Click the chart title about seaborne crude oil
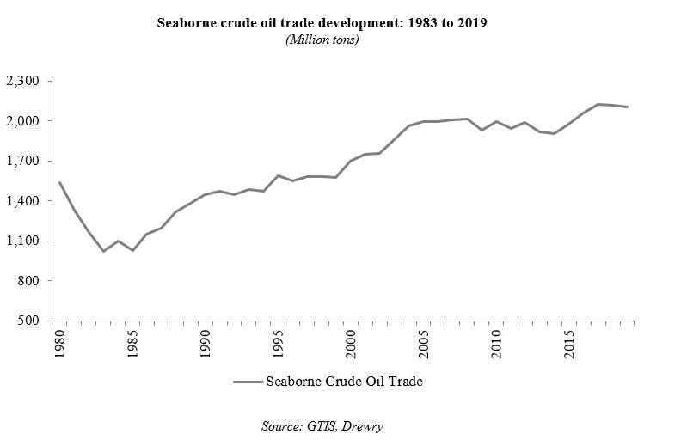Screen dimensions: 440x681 click(x=322, y=23)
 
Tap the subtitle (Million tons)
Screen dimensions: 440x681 click(x=321, y=40)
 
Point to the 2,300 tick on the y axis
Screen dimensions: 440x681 click(x=23, y=82)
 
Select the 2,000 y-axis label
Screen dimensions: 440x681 click(x=23, y=121)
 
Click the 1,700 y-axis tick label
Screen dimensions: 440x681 click(x=23, y=161)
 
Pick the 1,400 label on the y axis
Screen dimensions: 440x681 click(x=23, y=201)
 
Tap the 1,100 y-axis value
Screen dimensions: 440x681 click(x=23, y=241)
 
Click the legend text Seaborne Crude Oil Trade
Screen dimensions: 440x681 click(x=344, y=383)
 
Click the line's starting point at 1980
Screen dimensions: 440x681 click(x=59, y=182)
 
